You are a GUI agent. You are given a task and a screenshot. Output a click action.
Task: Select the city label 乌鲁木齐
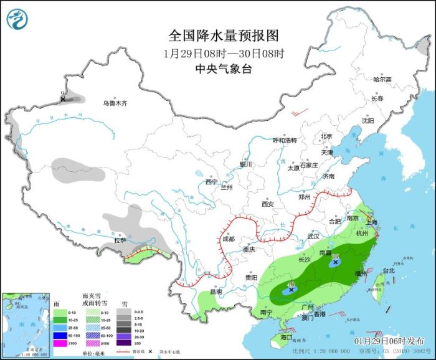click(x=115, y=103)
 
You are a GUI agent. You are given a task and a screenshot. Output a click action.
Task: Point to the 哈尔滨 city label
click(x=382, y=80)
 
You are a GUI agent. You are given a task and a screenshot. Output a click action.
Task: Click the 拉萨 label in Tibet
click(x=120, y=240)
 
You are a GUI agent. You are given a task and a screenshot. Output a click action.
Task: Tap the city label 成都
click(x=228, y=239)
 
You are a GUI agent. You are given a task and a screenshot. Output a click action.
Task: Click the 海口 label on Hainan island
click(x=286, y=337)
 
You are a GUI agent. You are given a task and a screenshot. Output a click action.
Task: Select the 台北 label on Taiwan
click(x=388, y=271)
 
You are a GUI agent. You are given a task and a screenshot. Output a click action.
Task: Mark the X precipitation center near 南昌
click(x=336, y=263)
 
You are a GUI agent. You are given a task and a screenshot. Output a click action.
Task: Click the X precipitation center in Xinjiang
click(x=63, y=98)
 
